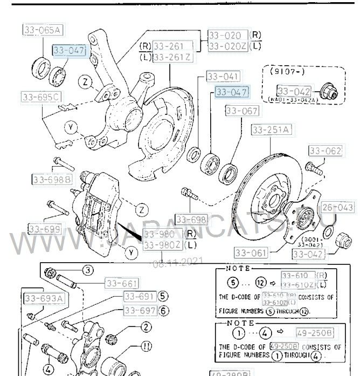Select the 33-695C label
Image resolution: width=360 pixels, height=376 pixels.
pos(41,97)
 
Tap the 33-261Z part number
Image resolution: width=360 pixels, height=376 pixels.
pos(172,57)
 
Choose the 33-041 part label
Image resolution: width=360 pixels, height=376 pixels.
pos(223,77)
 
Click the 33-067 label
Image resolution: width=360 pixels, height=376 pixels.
pos(242,111)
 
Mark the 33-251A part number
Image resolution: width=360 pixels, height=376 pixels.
pos(271,129)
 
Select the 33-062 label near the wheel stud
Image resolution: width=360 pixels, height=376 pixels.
pos(325,151)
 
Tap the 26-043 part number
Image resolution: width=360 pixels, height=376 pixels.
pos(338,207)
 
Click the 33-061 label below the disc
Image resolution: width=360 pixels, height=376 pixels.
pos(251,252)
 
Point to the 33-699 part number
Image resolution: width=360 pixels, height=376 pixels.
pos(44,230)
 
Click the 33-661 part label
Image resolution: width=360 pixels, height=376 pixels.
pos(121,283)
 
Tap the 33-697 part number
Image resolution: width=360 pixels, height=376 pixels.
pos(140,310)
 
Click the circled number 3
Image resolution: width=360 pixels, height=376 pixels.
pos(87,270)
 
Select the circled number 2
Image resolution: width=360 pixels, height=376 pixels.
pos(146,326)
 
